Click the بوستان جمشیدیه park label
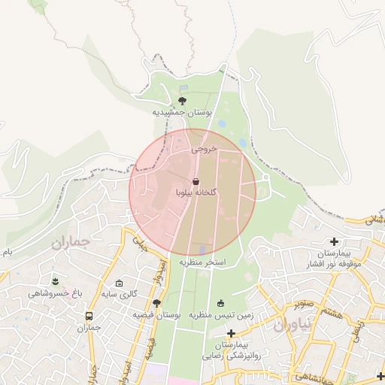point(183,112)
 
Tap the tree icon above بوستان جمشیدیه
point(183,99)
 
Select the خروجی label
point(204,149)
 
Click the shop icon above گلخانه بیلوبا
point(196,181)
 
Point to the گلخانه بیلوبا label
point(196,192)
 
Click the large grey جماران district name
point(71,243)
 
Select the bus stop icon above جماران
point(89,317)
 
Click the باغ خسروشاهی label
point(55,293)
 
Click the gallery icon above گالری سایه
point(119,283)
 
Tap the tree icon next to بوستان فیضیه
point(156,303)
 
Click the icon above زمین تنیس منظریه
point(220,303)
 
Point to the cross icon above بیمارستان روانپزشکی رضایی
point(231,332)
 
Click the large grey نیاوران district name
point(291,325)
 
